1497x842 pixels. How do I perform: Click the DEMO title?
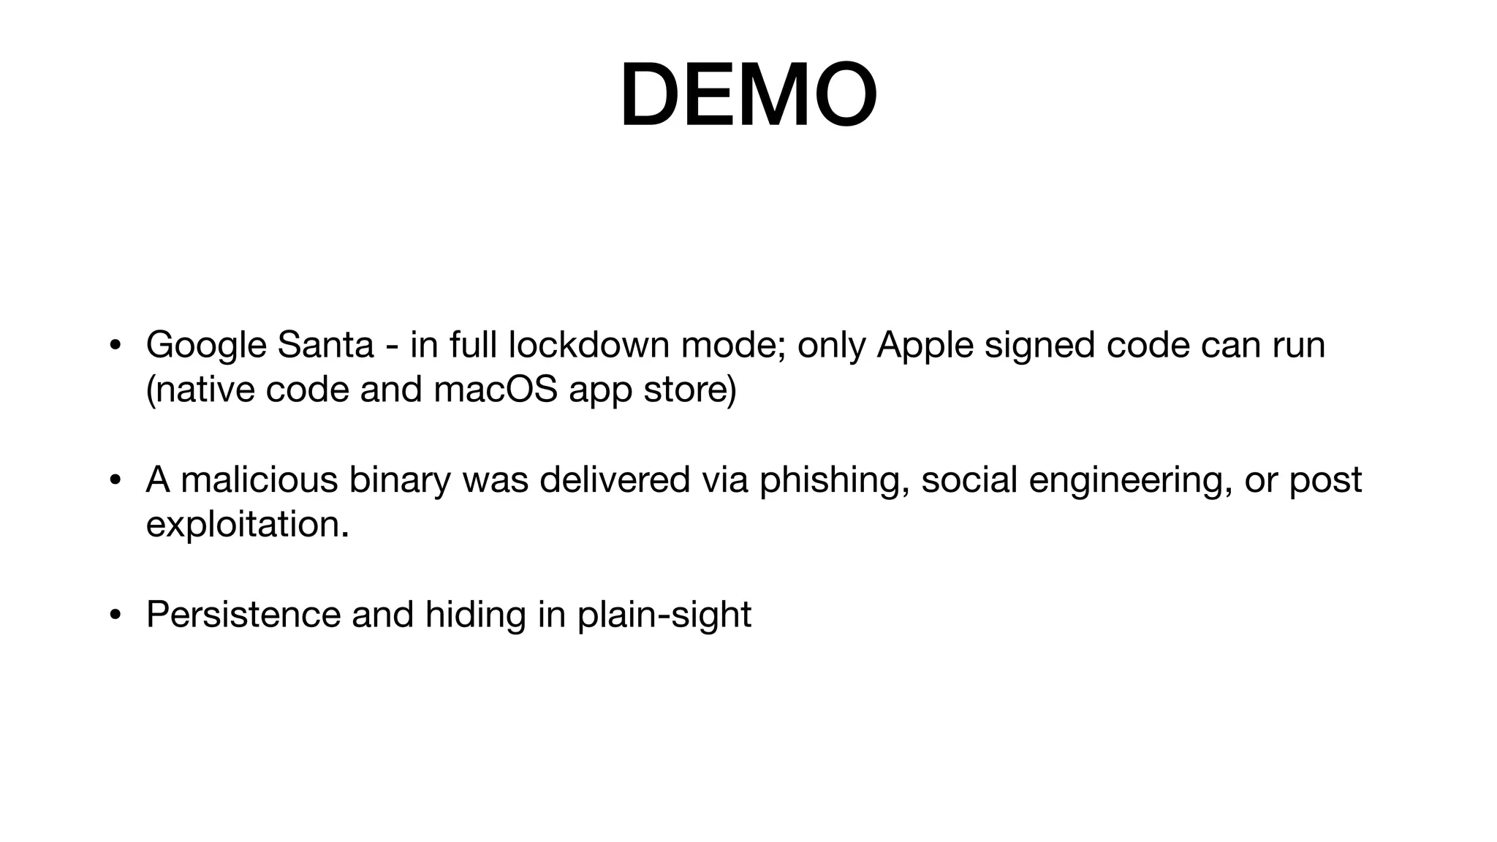[x=748, y=96]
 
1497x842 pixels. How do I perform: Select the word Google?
[x=206, y=346]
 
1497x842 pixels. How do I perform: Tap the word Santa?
[x=325, y=345]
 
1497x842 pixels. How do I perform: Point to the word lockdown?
[x=588, y=345]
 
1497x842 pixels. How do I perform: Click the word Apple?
[x=925, y=346]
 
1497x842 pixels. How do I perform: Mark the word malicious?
[x=259, y=480]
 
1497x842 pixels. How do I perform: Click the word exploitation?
[x=247, y=525]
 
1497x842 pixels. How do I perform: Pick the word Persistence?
[x=243, y=614]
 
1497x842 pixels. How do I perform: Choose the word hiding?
[x=476, y=615]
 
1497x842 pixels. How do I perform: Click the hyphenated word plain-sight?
[x=664, y=615]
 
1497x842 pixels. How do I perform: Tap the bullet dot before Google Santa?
[x=115, y=346]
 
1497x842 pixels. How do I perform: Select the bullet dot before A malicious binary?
[x=115, y=481]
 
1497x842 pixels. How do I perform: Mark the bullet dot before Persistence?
[x=115, y=615]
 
